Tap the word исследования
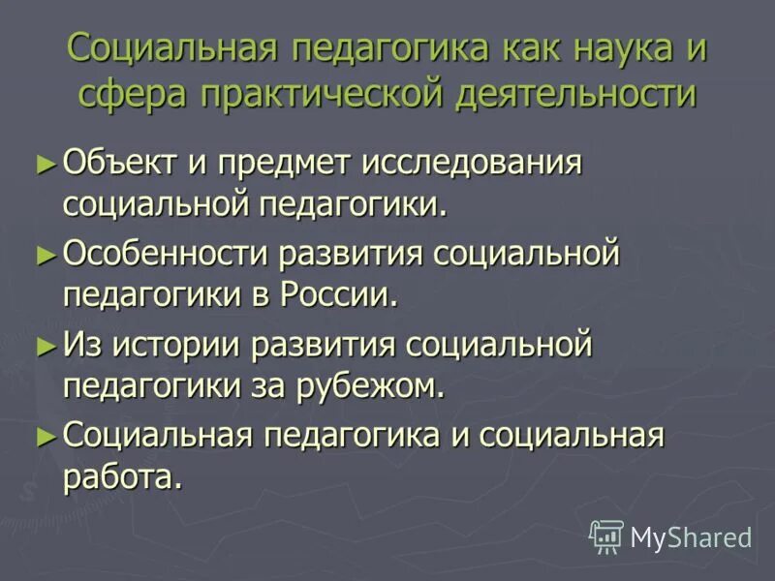pyautogui.click(x=472, y=162)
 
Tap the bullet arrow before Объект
pyautogui.click(x=45, y=162)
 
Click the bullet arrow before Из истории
pyautogui.click(x=45, y=344)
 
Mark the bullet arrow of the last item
pyautogui.click(x=45, y=435)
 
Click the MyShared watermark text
pyautogui.click(x=692, y=536)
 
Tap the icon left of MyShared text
pyautogui.click(x=606, y=535)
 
